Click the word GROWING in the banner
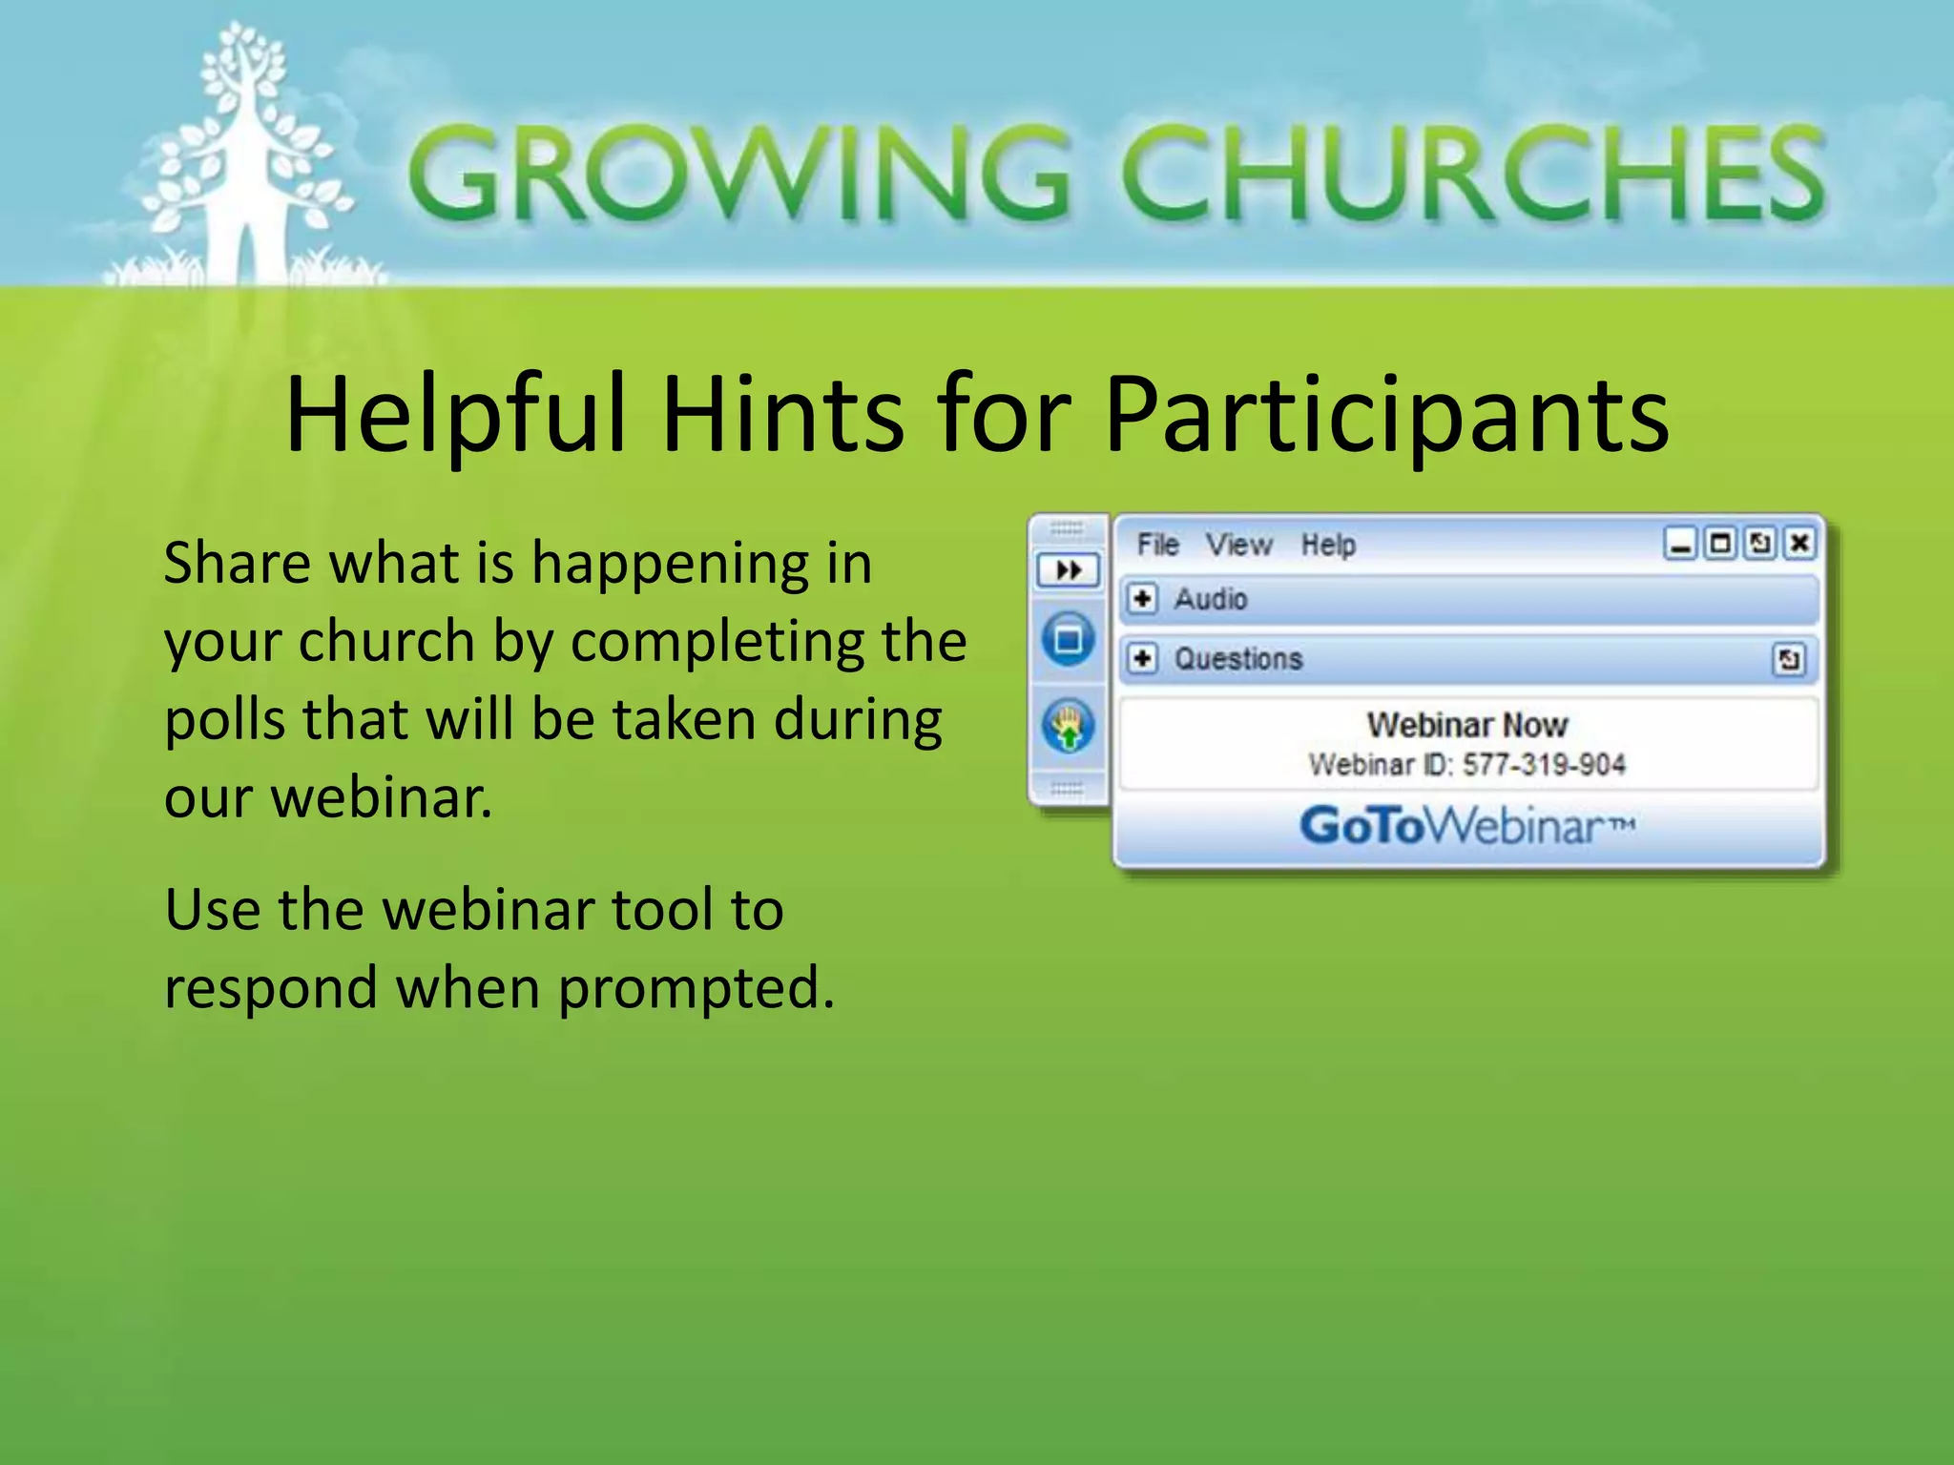pos(739,175)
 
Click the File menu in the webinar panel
pos(1157,545)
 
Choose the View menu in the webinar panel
pos(1238,545)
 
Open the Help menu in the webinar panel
pos(1328,545)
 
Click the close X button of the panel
pos(1799,544)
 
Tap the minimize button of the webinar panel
pos(1680,544)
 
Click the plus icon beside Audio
pos(1142,599)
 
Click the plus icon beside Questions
pos(1142,658)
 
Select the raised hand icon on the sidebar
pos(1069,727)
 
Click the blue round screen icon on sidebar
pos(1069,638)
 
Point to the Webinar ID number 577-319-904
pos(1544,764)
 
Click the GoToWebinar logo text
pos(1466,826)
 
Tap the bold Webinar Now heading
pos(1466,725)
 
